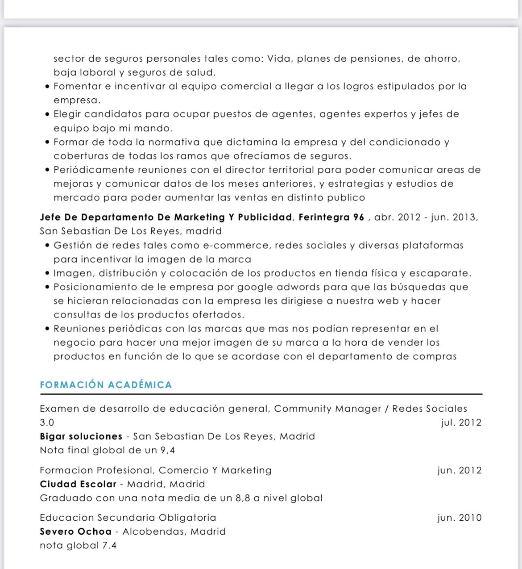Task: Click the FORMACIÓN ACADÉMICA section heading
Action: (106, 385)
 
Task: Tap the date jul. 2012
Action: (461, 423)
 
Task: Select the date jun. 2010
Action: (460, 518)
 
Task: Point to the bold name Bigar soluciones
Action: (81, 436)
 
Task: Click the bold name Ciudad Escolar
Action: (78, 484)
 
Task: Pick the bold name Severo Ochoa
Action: (76, 531)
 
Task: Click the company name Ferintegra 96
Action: (331, 218)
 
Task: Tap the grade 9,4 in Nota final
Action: (168, 450)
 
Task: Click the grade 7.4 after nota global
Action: (109, 545)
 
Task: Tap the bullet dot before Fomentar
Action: (47, 87)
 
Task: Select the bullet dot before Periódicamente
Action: (47, 170)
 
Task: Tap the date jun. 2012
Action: (460, 470)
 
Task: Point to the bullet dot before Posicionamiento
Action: (47, 287)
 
